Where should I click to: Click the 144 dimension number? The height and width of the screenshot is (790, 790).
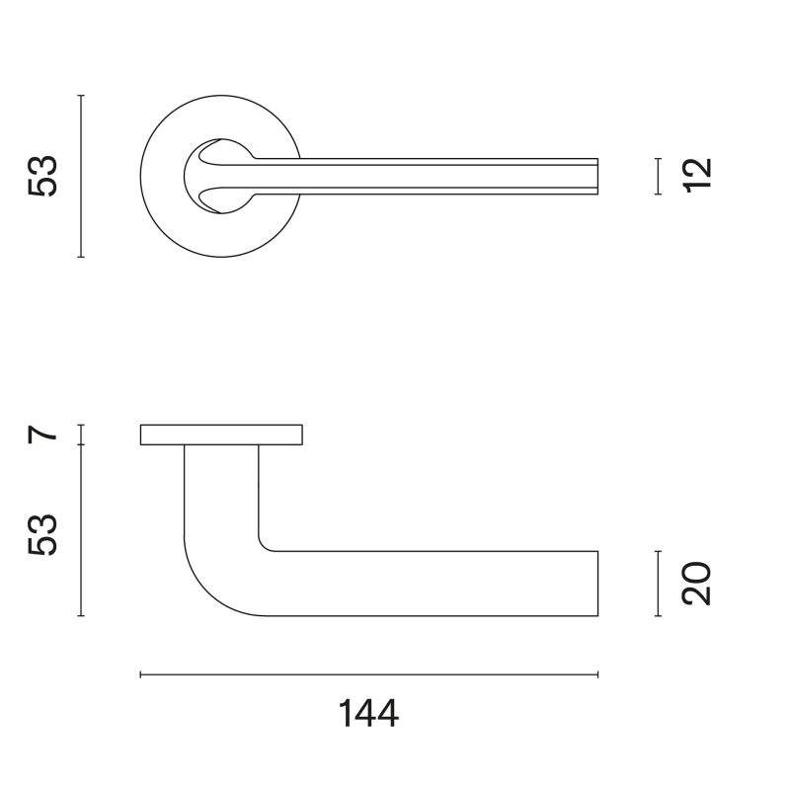pyautogui.click(x=368, y=713)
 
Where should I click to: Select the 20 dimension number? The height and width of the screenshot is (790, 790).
pyautogui.click(x=696, y=584)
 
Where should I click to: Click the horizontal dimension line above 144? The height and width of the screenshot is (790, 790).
pyautogui.click(x=368, y=674)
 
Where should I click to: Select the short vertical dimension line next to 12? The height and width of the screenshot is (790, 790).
pyautogui.click(x=657, y=176)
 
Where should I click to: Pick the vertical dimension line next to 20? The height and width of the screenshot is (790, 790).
pyautogui.click(x=657, y=584)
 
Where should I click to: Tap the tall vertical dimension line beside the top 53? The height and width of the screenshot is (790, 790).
pyautogui.click(x=81, y=177)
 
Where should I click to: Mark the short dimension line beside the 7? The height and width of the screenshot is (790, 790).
pyautogui.click(x=81, y=434)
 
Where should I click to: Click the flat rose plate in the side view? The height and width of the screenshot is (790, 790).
pyautogui.click(x=221, y=434)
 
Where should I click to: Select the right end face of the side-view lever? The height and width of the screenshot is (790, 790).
pyautogui.click(x=597, y=584)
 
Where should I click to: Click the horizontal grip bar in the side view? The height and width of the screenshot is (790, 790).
pyautogui.click(x=434, y=584)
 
